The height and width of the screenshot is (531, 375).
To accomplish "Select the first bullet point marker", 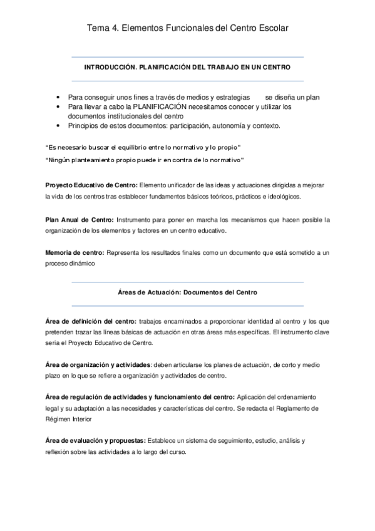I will pos(58,98).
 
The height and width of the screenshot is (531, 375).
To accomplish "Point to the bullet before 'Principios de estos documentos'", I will pos(58,125).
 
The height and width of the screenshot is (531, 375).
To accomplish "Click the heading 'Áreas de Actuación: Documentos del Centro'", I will pos(188,292).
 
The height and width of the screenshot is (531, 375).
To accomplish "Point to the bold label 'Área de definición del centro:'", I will pos(91,321).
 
